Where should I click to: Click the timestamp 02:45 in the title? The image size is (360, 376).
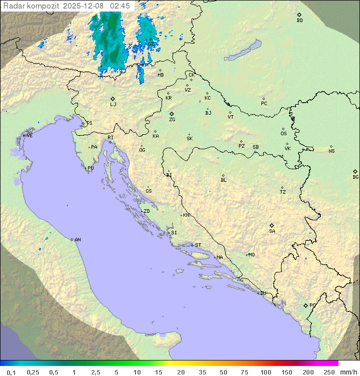tap(120, 6)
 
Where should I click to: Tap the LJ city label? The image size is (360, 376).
tap(113, 104)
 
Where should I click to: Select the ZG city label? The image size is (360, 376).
tap(172, 120)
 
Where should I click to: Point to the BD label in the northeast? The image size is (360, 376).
tap(299, 21)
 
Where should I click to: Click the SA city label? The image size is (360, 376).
tap(272, 231)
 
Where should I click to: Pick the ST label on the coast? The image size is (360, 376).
tap(198, 245)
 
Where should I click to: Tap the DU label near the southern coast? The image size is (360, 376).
tap(262, 293)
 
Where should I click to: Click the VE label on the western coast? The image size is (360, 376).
tap(29, 136)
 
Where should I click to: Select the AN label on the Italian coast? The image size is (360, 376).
tap(77, 240)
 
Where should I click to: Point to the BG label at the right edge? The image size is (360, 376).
tap(355, 177)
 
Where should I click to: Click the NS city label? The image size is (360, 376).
tap(331, 151)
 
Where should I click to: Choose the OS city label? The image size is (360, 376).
tap(283, 134)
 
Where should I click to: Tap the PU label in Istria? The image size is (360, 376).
tap(90, 168)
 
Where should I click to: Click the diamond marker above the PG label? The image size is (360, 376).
tap(305, 305)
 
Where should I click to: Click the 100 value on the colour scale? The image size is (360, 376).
tap(265, 372)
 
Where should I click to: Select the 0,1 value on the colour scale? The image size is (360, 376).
tap(11, 372)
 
